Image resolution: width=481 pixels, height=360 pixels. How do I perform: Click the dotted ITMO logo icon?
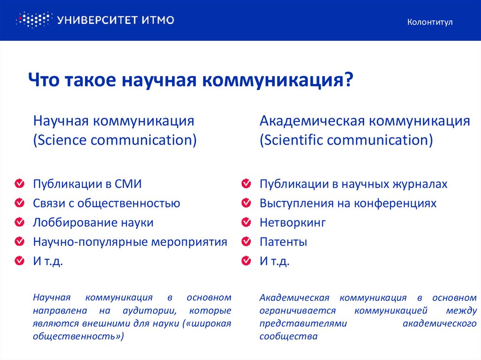click(33, 20)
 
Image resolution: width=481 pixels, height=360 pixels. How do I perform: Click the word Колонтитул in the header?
click(430, 22)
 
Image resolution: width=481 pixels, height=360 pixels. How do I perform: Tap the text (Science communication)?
click(115, 140)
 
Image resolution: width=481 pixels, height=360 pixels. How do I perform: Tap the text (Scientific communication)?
click(346, 140)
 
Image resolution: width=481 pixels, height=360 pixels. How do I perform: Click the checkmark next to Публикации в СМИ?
click(19, 184)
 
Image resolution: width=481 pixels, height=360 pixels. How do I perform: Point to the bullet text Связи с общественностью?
click(107, 203)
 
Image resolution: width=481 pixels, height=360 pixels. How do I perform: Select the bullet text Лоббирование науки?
click(93, 222)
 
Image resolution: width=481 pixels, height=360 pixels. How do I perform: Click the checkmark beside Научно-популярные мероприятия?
click(19, 242)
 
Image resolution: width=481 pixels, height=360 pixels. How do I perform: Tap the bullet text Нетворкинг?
click(292, 222)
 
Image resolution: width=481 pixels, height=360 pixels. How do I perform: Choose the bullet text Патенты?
click(283, 242)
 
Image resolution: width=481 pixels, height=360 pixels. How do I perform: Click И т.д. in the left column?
click(47, 261)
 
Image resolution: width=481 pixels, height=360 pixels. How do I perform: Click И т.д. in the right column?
click(274, 261)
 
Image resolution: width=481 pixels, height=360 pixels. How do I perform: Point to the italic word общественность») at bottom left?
click(78, 337)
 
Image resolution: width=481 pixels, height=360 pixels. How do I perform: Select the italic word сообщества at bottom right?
click(288, 337)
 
